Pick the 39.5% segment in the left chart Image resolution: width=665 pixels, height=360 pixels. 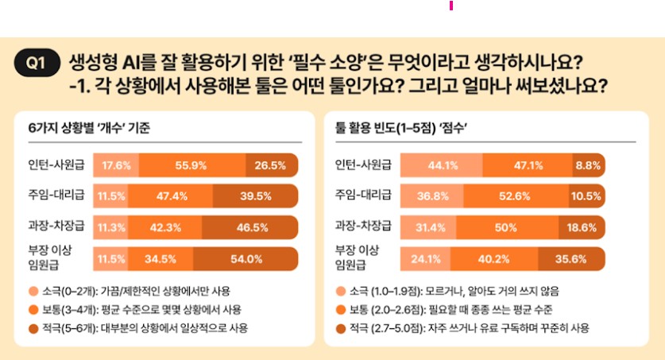(256, 196)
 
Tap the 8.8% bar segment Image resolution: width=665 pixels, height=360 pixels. (588, 165)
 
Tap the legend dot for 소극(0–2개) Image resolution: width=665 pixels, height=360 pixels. (32, 291)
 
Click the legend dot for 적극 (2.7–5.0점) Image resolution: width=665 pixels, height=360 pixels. (342, 327)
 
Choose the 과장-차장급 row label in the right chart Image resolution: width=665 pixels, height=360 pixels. (364, 227)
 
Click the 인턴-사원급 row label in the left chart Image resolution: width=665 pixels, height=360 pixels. (54, 165)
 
